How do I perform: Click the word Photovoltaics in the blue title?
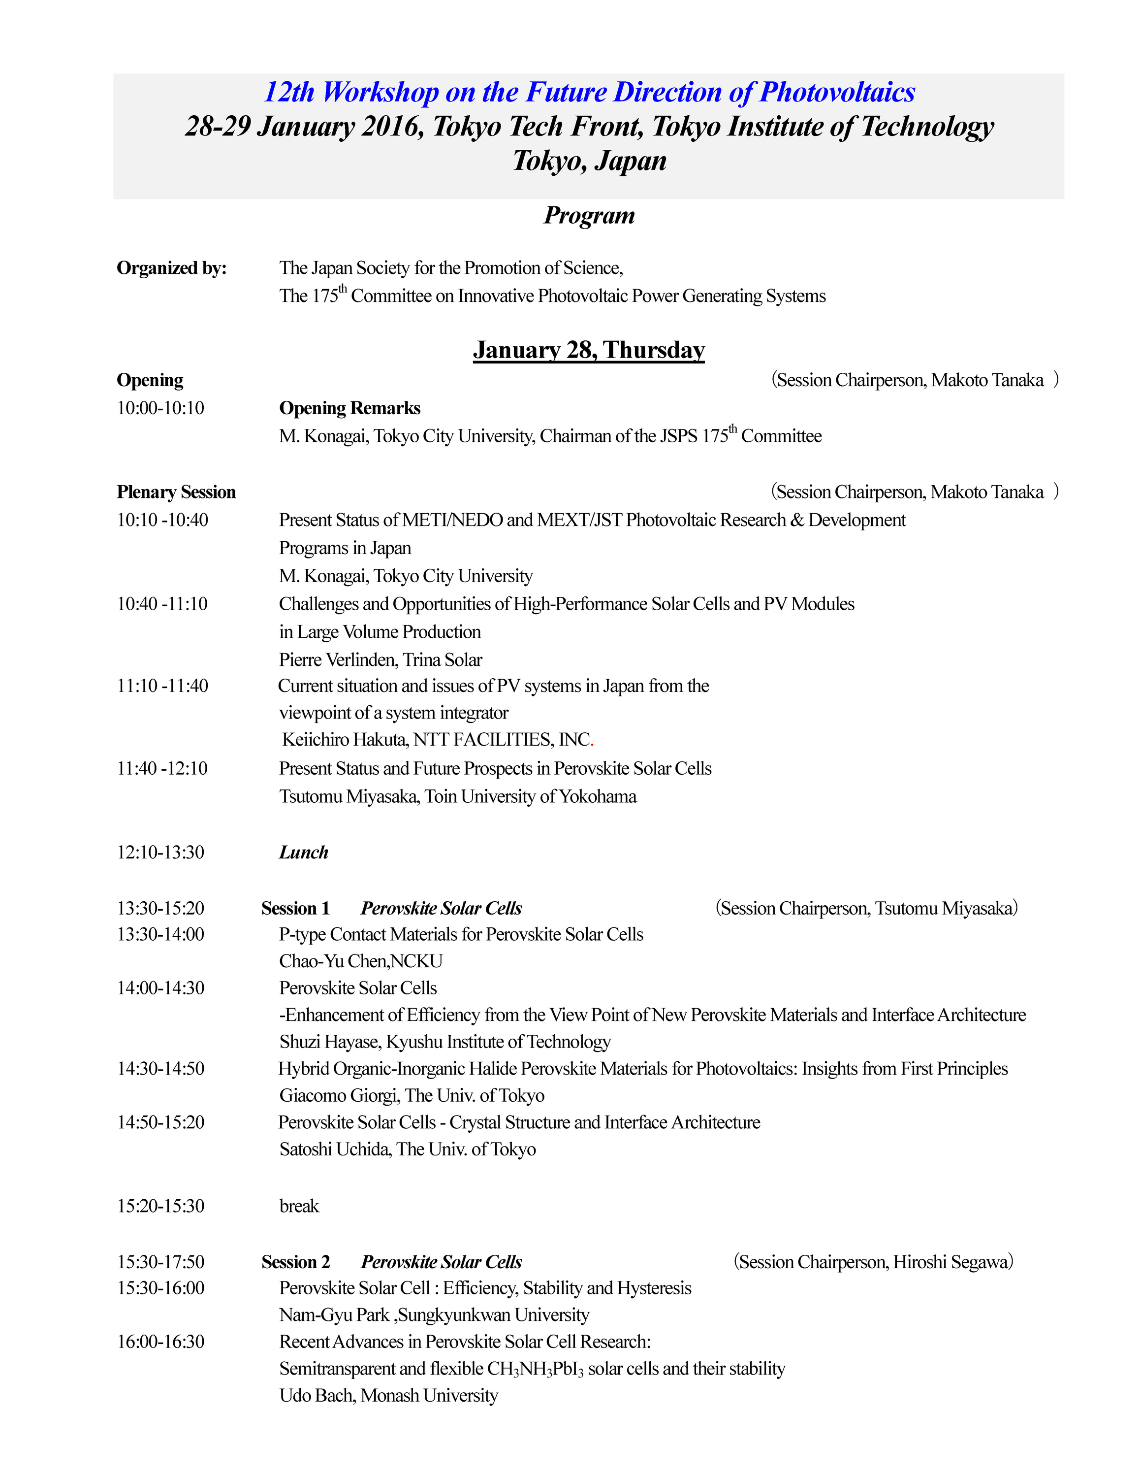pos(837,93)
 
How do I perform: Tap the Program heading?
pos(589,216)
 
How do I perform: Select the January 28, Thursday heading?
pos(589,350)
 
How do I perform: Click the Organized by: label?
pos(172,268)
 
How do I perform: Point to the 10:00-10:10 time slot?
pos(161,408)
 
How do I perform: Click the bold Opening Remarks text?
pos(349,408)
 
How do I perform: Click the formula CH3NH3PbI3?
pos(535,1370)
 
